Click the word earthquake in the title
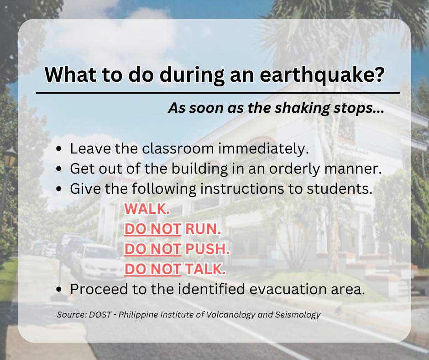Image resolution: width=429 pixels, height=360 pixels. [319, 75]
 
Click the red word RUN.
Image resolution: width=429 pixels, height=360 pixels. [203, 229]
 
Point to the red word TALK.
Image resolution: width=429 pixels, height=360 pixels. [205, 270]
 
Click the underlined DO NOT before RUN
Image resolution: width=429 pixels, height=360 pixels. [153, 229]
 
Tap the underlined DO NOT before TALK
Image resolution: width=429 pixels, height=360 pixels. [153, 270]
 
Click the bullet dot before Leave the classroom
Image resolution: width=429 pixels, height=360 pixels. [59, 149]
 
